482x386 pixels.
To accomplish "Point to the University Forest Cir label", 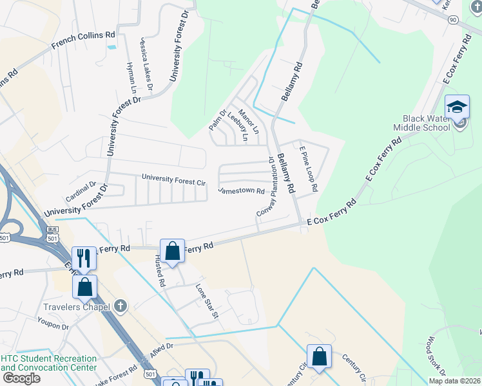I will (x=173, y=179).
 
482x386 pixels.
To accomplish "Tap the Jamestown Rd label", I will (x=241, y=191).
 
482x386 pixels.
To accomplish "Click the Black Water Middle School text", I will (x=426, y=123).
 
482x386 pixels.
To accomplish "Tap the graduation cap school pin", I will (x=457, y=107).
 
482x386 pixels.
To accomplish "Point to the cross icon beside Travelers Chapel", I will (x=120, y=307).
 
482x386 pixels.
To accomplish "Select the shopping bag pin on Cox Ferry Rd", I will (x=172, y=252).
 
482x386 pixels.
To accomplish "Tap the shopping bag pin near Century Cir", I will (x=319, y=357).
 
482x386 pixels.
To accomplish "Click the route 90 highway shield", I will (x=453, y=19).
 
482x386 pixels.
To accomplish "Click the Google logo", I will (x=21, y=378).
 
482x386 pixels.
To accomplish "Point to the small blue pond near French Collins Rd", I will (x=113, y=47).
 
